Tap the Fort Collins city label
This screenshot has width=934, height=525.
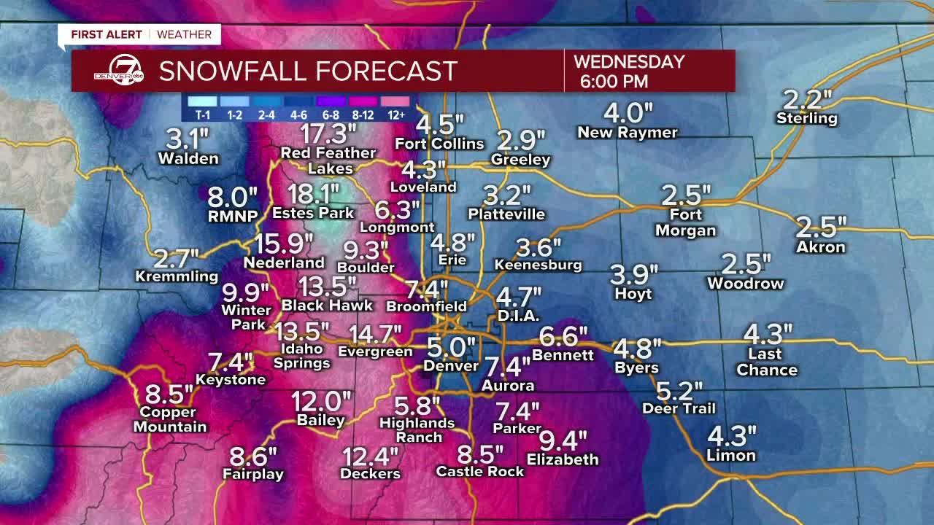tap(439, 144)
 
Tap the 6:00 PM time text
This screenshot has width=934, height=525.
tap(614, 81)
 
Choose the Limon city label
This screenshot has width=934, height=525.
tap(730, 456)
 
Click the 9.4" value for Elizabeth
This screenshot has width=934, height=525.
tap(563, 441)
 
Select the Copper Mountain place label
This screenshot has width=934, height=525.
tap(170, 420)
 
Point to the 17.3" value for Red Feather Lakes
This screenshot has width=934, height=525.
tap(328, 134)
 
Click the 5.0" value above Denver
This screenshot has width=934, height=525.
tap(451, 347)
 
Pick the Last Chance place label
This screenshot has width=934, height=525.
tap(766, 362)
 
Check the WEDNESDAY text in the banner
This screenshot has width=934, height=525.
tap(629, 62)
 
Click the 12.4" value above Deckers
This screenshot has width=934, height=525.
tap(371, 457)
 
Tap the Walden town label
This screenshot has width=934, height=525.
tap(188, 158)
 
